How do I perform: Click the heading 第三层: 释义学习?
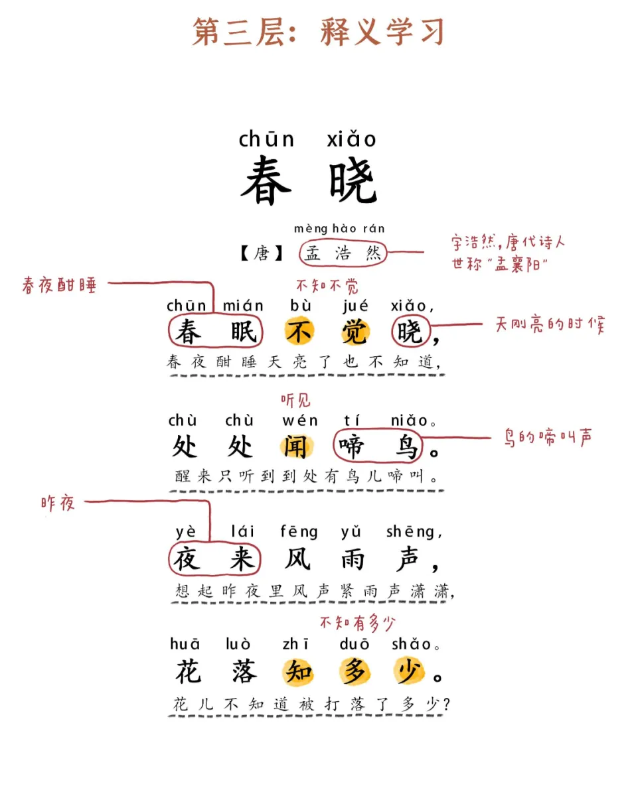(317, 33)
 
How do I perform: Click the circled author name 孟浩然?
(343, 253)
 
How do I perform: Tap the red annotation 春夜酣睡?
(59, 285)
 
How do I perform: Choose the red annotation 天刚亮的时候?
(550, 325)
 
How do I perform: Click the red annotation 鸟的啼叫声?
(548, 438)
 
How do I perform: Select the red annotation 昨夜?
(58, 503)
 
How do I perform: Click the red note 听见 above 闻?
(295, 401)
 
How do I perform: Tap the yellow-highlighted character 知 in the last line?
(299, 673)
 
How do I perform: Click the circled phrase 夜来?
(214, 560)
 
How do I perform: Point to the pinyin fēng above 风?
(299, 532)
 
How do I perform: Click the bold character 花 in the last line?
(189, 673)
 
